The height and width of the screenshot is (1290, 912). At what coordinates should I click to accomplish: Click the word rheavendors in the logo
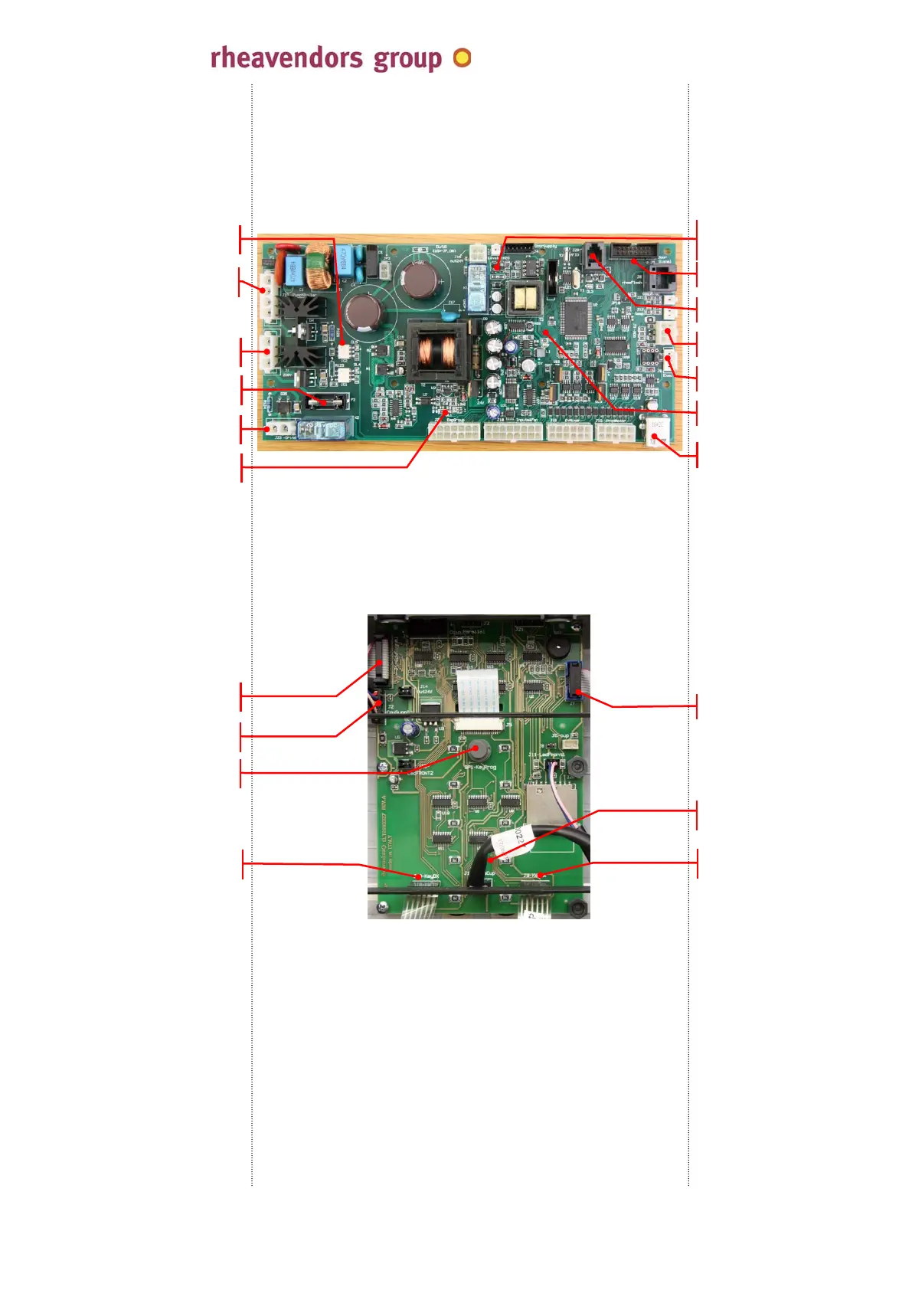(286, 58)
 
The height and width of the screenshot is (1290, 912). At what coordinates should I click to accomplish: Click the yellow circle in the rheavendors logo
(462, 58)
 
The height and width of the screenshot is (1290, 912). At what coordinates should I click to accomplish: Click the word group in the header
(407, 60)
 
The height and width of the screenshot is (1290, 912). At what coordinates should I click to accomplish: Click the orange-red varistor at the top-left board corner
(286, 249)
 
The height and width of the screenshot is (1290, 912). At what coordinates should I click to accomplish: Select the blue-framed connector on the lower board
(573, 680)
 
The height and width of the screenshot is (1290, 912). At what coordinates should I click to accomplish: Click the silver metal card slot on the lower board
(541, 801)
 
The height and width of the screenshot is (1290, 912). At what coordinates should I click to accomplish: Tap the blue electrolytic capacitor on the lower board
(413, 725)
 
